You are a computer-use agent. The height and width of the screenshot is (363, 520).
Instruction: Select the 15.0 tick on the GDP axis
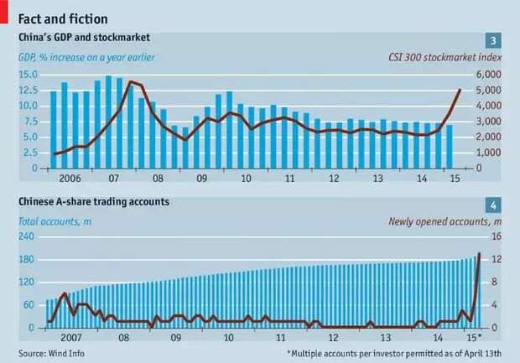point(27,75)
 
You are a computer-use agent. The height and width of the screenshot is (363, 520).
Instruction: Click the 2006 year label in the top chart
point(70,179)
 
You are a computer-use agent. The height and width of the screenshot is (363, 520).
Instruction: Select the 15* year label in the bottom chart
point(474,338)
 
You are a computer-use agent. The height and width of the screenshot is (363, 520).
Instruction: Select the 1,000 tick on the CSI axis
point(489,153)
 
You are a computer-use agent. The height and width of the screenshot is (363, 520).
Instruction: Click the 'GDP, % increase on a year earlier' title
point(87,57)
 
